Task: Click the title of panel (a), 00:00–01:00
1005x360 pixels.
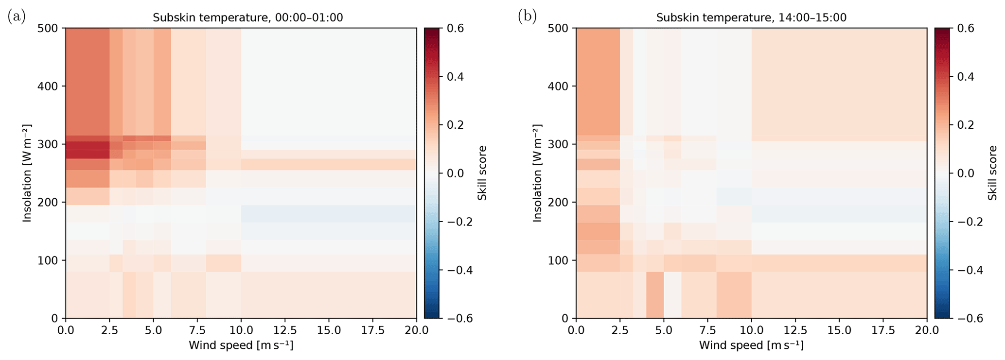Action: (x=247, y=18)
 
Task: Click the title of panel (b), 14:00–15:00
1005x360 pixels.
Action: (x=751, y=18)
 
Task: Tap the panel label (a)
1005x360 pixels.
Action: (x=17, y=17)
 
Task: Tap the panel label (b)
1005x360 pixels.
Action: (x=527, y=17)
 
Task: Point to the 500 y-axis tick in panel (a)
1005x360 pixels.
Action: (x=48, y=28)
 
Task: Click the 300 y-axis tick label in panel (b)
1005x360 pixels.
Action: (x=559, y=144)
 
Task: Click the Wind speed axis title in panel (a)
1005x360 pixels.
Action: (x=241, y=346)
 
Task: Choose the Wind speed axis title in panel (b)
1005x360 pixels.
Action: (x=751, y=346)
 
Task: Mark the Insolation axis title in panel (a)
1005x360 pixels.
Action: (x=27, y=173)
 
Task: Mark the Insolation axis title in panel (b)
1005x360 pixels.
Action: (x=537, y=173)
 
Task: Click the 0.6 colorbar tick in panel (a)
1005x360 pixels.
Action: (x=455, y=28)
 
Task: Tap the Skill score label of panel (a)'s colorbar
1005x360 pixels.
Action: (x=482, y=173)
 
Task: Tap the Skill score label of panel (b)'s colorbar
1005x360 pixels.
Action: (x=992, y=173)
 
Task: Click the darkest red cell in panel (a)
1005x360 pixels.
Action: (x=88, y=150)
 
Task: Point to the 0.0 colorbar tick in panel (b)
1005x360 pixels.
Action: (x=966, y=173)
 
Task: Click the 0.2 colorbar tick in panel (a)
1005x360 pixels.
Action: (x=455, y=125)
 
